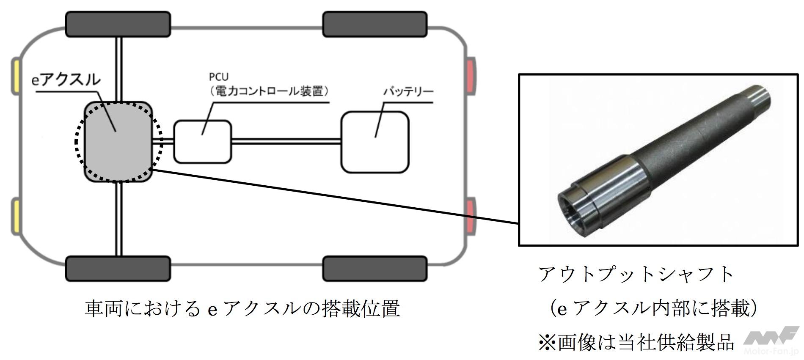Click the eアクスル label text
[x=66, y=80]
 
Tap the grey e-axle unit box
[x=118, y=142]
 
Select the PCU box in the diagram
[x=203, y=142]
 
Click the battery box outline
[x=375, y=142]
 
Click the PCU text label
[x=219, y=77]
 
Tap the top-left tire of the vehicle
[x=118, y=24]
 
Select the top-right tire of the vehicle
[x=375, y=24]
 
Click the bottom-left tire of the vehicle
[x=118, y=268]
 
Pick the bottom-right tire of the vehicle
[x=375, y=268]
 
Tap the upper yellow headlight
[x=15, y=77]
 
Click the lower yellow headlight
[x=15, y=217]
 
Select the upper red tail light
[x=471, y=76]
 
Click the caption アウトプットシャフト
[x=636, y=274]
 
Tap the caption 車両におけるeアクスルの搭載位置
[x=242, y=309]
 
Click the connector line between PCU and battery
[x=286, y=141]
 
